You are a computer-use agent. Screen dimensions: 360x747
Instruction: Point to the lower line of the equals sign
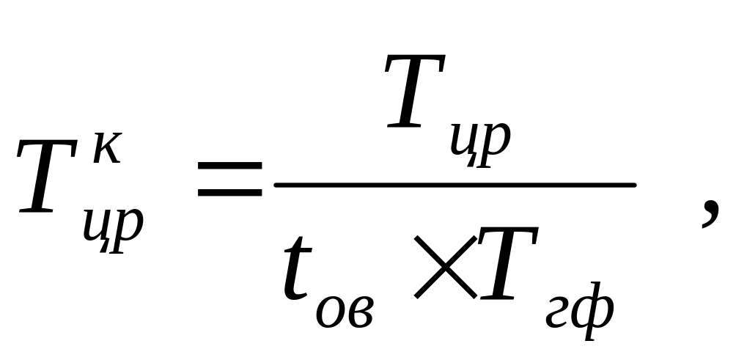pyautogui.click(x=229, y=194)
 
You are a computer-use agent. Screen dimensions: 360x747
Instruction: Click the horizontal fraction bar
pyautogui.click(x=455, y=184)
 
